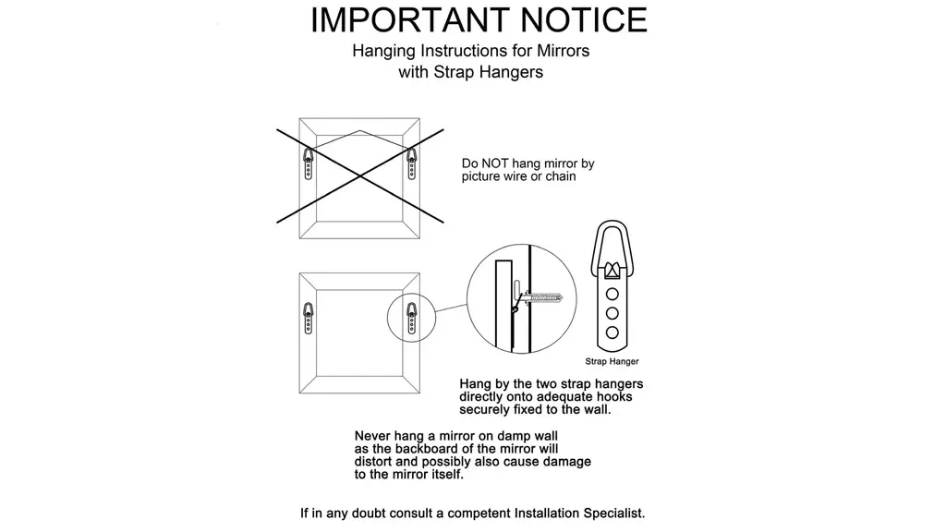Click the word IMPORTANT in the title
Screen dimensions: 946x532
pyautogui.click(x=411, y=20)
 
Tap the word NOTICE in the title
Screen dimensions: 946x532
pyautogui.click(x=584, y=20)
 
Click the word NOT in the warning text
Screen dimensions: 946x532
pyautogui.click(x=495, y=163)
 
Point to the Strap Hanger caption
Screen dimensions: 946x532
pyautogui.click(x=612, y=361)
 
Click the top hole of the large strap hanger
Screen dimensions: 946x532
pyautogui.click(x=612, y=295)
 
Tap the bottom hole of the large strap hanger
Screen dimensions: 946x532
pyautogui.click(x=612, y=332)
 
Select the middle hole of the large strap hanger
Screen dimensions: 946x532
pyautogui.click(x=612, y=313)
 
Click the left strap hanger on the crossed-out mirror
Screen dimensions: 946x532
pyautogui.click(x=309, y=163)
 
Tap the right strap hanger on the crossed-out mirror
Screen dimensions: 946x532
pyautogui.click(x=411, y=163)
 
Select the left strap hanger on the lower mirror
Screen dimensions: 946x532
pyautogui.click(x=309, y=318)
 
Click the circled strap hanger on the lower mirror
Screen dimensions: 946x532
pyautogui.click(x=411, y=318)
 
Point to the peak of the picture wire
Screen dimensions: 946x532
pyautogui.click(x=359, y=130)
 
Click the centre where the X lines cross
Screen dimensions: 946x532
pyautogui.click(x=360, y=176)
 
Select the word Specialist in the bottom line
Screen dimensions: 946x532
pyautogui.click(x=613, y=514)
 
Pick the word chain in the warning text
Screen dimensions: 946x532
pyautogui.click(x=561, y=176)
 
